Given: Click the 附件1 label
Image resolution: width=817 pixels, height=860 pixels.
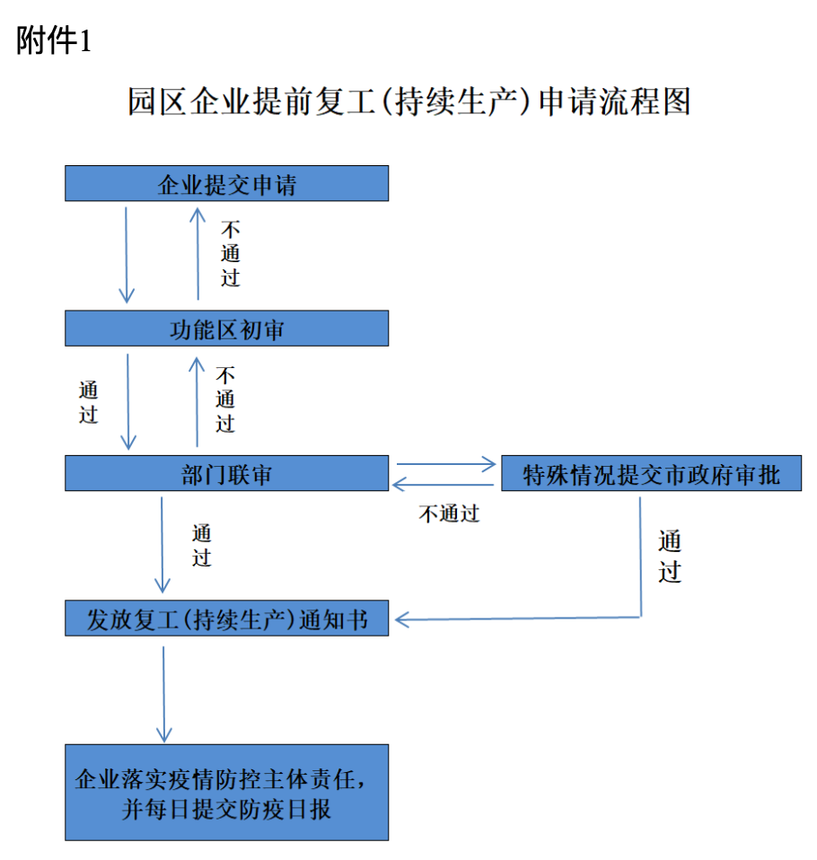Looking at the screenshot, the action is click(53, 41).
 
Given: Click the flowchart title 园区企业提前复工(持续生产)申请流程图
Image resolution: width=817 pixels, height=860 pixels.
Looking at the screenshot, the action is click(408, 101).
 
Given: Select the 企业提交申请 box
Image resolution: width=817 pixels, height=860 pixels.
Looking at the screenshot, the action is click(226, 183).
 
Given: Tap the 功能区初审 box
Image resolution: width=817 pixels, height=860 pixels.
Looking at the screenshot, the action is click(226, 328).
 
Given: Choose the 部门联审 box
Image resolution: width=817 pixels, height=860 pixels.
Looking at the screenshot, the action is click(226, 473).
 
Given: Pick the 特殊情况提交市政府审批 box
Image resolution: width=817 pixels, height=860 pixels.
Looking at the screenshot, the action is click(651, 473).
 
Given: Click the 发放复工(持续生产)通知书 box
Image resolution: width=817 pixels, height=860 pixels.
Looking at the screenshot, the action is click(226, 619).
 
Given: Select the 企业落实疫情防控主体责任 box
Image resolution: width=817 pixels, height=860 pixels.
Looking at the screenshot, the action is click(226, 793).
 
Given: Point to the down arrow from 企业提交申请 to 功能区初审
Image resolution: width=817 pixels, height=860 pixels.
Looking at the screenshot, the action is click(127, 255).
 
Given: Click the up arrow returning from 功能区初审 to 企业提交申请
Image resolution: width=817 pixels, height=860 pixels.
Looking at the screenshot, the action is click(198, 253).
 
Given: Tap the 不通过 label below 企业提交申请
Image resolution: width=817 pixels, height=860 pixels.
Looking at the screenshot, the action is click(231, 253).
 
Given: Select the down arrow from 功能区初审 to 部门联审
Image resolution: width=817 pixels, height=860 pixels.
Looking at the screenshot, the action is click(127, 401).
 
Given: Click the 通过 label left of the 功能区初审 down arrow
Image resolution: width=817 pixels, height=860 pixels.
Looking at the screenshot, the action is click(88, 402).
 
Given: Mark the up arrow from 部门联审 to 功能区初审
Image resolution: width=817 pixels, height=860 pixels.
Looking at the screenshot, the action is click(197, 401).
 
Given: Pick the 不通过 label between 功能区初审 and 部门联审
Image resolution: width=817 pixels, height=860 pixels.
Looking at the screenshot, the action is click(225, 399).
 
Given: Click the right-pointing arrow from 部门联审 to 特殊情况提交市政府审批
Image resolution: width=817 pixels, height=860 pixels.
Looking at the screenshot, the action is click(446, 464).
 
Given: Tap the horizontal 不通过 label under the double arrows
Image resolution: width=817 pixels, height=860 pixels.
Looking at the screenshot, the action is click(450, 513).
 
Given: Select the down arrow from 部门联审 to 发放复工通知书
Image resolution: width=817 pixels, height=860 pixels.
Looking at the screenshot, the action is click(162, 545).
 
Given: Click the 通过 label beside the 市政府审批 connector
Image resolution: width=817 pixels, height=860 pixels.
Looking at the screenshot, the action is click(670, 556).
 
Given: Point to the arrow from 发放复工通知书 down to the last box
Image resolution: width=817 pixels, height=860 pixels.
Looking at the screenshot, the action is click(163, 694).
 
